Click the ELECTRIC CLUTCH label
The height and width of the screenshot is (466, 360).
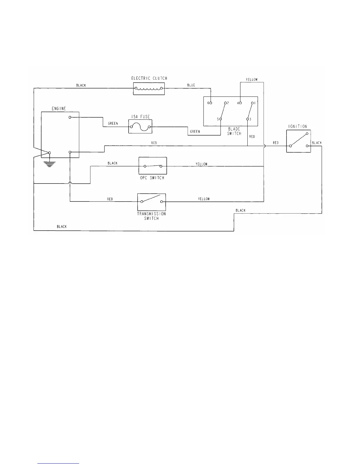point(149,78)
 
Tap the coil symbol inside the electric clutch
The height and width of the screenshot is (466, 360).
point(149,89)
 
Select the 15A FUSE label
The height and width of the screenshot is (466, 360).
point(140,117)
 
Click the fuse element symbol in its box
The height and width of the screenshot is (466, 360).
point(140,127)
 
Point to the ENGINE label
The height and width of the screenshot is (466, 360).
point(59,109)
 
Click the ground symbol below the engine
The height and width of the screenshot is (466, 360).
point(50,164)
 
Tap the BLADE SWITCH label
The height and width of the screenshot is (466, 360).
point(234,131)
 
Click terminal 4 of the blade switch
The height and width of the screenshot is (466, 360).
point(240,103)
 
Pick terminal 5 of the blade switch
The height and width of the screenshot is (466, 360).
point(221,119)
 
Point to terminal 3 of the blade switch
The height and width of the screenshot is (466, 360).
point(247,119)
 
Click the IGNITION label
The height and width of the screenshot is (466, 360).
point(298,127)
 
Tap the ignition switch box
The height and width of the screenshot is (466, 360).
point(299,141)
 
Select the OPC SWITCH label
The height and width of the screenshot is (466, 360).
point(152,178)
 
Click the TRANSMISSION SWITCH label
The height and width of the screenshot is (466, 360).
point(151,216)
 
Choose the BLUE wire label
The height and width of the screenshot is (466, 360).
point(191,85)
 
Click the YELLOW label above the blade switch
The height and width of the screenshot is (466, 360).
point(251,80)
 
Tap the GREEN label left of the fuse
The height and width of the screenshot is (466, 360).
point(113,124)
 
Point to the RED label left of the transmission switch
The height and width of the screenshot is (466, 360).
point(110,199)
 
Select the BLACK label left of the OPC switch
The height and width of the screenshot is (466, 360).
point(112,163)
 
